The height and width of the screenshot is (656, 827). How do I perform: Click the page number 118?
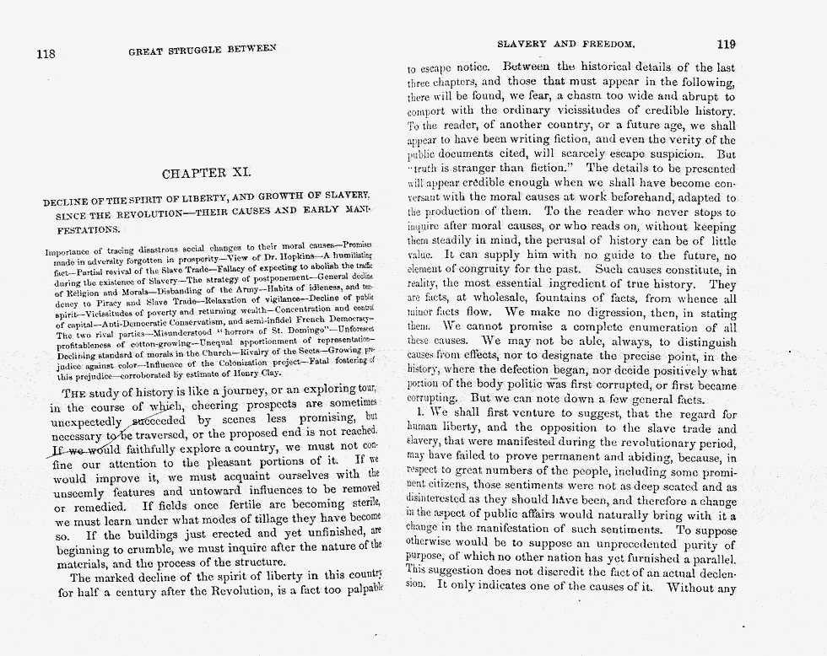(x=46, y=54)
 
